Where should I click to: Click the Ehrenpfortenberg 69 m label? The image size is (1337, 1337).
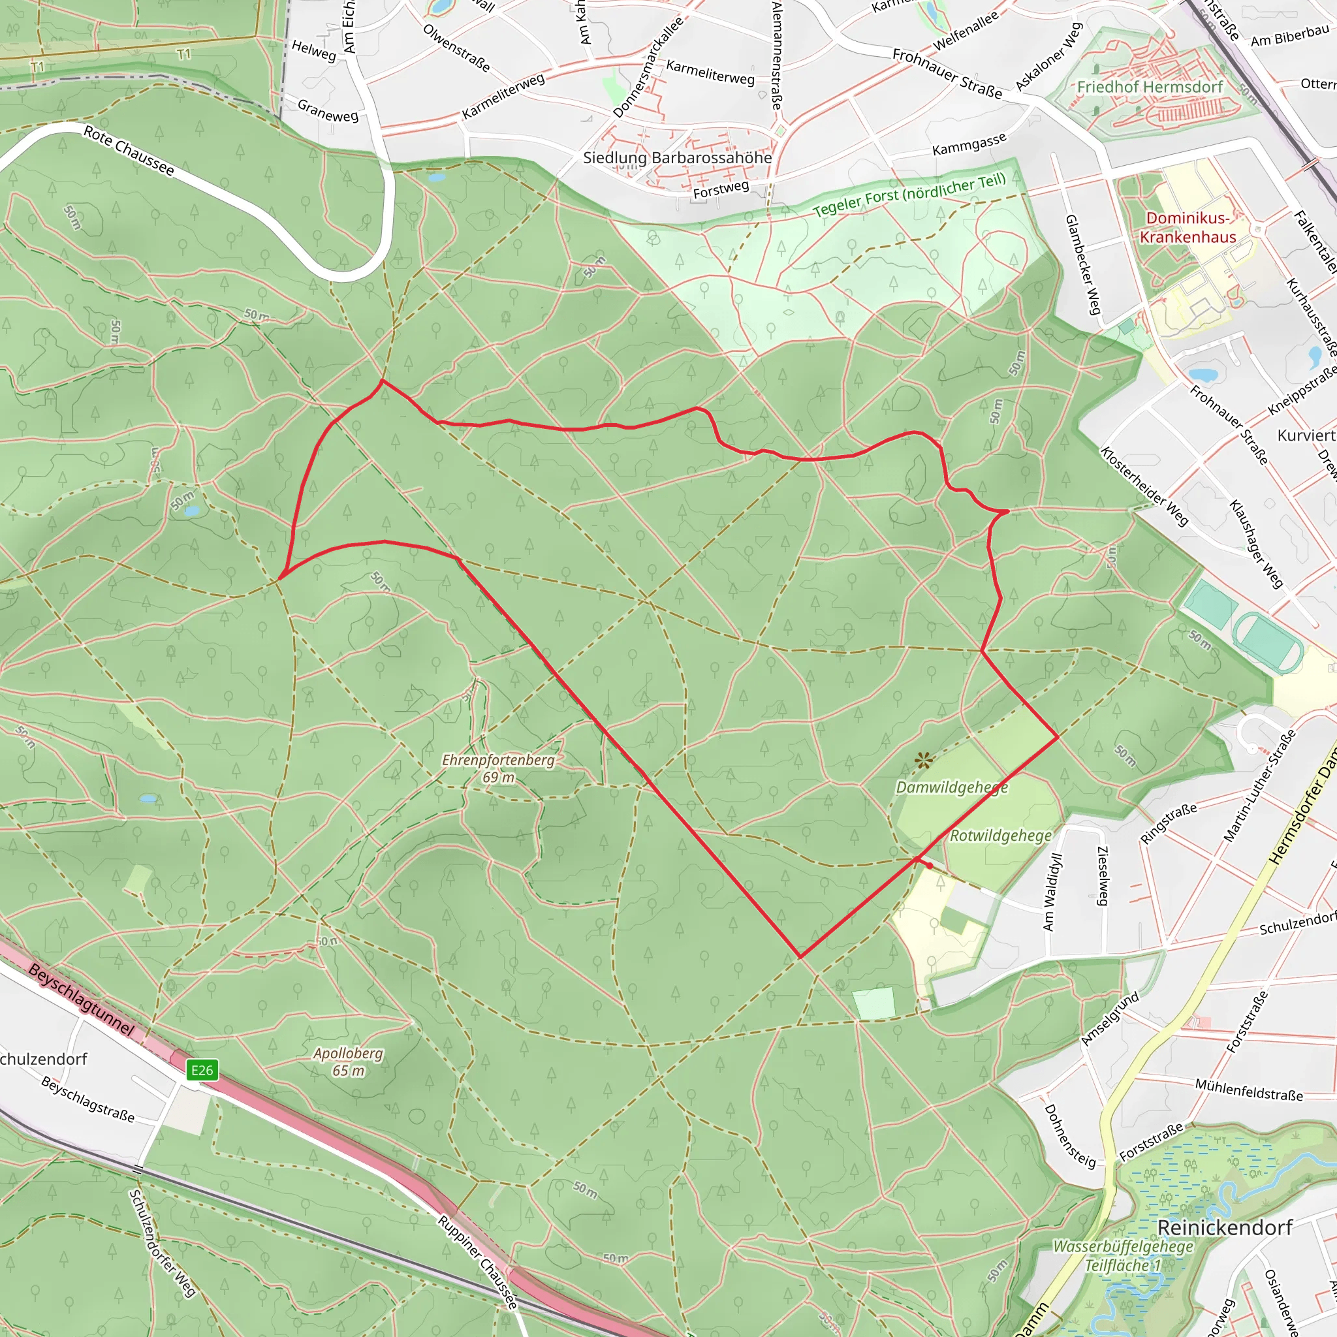tap(498, 768)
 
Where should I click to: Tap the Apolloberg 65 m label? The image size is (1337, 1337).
tap(348, 1062)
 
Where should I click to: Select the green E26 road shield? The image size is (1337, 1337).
tap(203, 1071)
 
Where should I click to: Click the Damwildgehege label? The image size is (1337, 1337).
tap(952, 787)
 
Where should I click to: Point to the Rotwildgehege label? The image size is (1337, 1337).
tap(1000, 835)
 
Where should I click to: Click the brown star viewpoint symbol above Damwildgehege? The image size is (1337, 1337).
tap(923, 761)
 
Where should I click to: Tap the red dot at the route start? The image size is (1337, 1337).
tap(930, 865)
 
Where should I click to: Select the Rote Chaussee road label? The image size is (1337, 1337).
tap(129, 151)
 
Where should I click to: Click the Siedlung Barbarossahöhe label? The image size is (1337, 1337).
tap(677, 158)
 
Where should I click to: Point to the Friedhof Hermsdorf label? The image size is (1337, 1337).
tap(1150, 87)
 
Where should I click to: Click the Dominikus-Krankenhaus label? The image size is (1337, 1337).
tap(1188, 228)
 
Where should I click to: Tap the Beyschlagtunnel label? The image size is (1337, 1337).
tap(82, 1000)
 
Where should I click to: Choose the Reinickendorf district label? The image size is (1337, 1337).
tap(1225, 1227)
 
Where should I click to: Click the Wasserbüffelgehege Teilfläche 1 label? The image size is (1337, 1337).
tap(1122, 1255)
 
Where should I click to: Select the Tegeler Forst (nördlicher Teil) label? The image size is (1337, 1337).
tap(909, 195)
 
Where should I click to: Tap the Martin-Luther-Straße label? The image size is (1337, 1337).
tap(1259, 786)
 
